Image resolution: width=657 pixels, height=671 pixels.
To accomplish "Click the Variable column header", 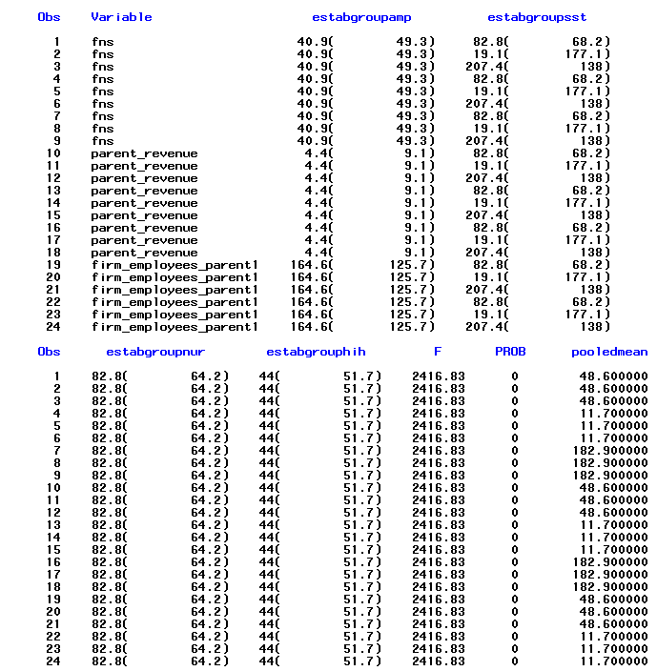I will tap(121, 17).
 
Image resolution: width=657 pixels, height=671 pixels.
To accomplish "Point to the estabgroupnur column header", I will tap(152, 352).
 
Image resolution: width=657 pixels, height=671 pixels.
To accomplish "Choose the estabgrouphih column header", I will tap(316, 352).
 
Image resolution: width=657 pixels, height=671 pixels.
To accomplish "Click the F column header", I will tap(438, 352).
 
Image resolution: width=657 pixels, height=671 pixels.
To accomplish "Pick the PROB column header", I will tap(510, 352).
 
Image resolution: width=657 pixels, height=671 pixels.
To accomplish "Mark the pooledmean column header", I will tap(609, 352).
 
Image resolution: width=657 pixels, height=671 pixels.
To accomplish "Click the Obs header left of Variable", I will tap(49, 17).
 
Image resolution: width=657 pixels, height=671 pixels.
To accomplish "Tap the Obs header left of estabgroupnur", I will tap(49, 352).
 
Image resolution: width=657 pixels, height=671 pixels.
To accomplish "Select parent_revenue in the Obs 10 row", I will tap(144, 153).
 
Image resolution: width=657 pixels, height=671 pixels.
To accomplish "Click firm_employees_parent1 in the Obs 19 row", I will tap(175, 265).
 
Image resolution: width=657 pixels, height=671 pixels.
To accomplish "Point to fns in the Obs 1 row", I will tap(102, 42).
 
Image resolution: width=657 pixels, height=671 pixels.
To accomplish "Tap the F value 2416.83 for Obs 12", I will tap(439, 512).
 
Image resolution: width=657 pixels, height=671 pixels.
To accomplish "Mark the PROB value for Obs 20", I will tap(514, 611).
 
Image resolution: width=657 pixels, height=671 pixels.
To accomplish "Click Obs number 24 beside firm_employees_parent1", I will tap(52, 327).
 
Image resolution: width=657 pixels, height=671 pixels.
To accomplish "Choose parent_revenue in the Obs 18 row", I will tap(144, 253).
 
